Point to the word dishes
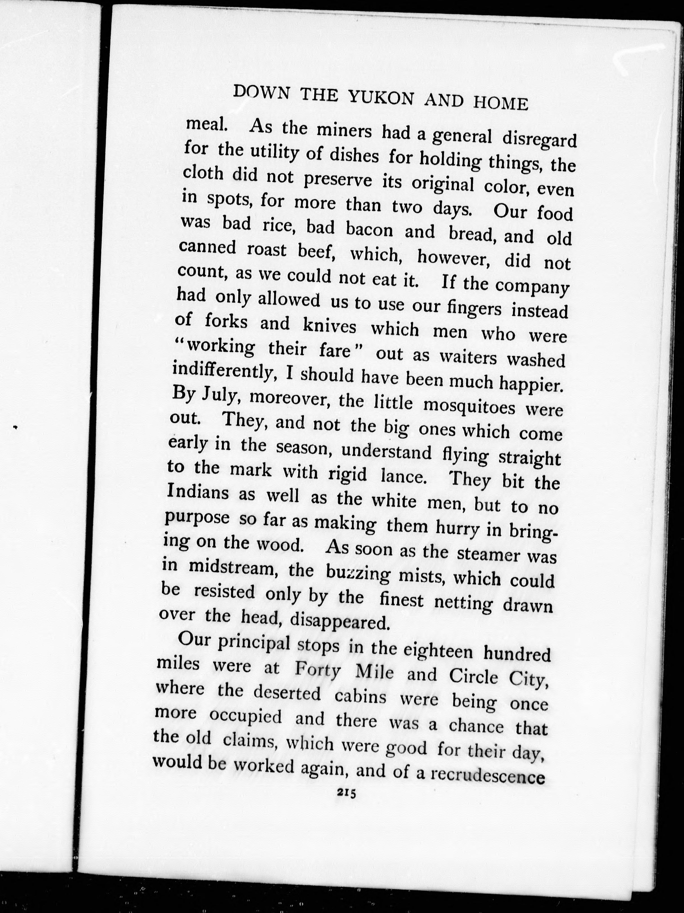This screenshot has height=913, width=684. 354,156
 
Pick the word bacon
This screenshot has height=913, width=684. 369,229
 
